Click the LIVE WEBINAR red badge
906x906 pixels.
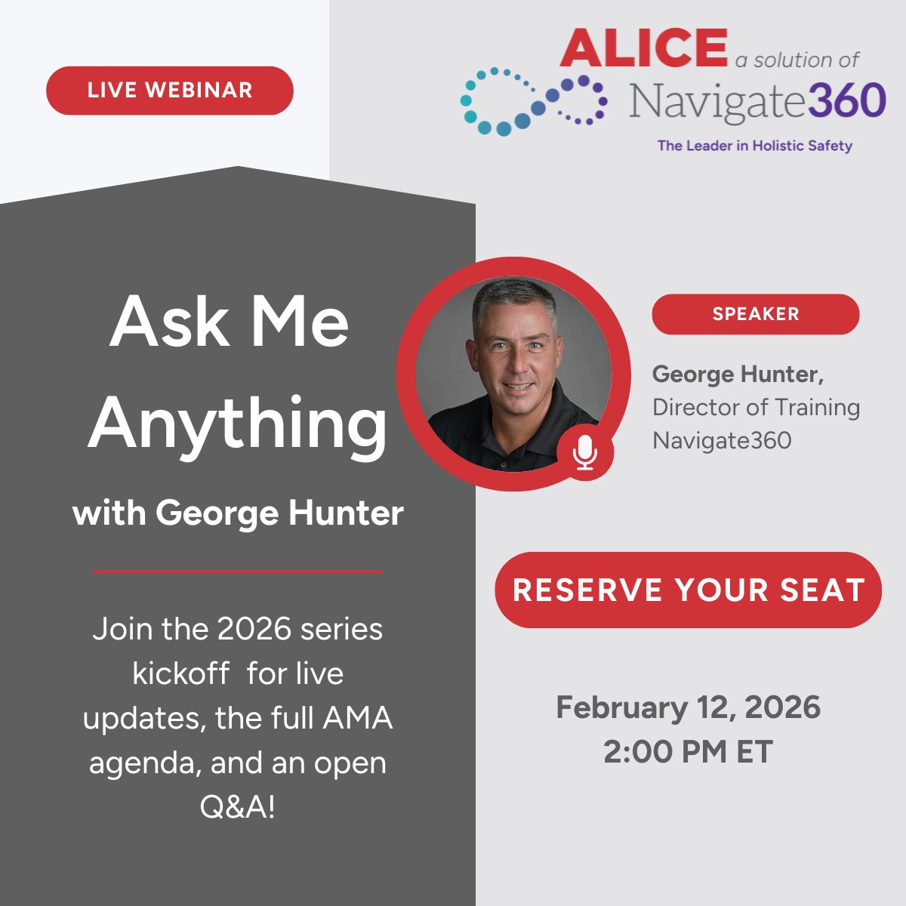pyautogui.click(x=169, y=91)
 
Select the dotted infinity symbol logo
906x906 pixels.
pyautogui.click(x=533, y=101)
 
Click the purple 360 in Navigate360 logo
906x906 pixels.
pyautogui.click(x=846, y=101)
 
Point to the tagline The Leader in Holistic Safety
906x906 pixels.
pyautogui.click(x=754, y=146)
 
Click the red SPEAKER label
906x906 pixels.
pyautogui.click(x=755, y=314)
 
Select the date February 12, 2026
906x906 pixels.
pyautogui.click(x=688, y=707)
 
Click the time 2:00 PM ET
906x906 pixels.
pyautogui.click(x=688, y=752)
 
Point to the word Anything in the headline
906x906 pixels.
pyautogui.click(x=237, y=424)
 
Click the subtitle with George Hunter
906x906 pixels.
pyautogui.click(x=238, y=513)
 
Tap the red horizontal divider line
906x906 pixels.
pyautogui.click(x=238, y=572)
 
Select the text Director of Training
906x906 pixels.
pyautogui.click(x=756, y=408)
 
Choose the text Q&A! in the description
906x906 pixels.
pyautogui.click(x=237, y=807)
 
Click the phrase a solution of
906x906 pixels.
pyautogui.click(x=797, y=60)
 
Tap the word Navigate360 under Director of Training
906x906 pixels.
pyautogui.click(x=721, y=440)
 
